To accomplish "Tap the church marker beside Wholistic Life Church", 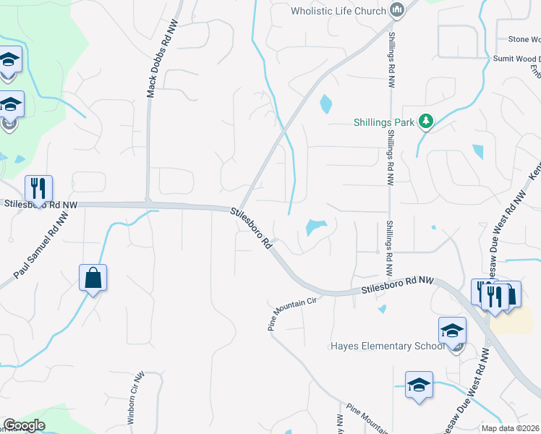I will [396, 10].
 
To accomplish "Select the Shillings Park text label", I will [385, 122].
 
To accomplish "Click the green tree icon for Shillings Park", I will [426, 122].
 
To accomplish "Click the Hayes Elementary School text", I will [388, 346].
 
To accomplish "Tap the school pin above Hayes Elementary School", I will [452, 331].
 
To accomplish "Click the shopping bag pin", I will [93, 278].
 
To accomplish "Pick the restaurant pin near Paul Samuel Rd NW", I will [38, 188].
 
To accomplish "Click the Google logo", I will [24, 425].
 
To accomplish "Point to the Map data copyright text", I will [511, 428].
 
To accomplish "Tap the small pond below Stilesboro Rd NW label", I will [382, 309].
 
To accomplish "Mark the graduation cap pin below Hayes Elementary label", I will [418, 384].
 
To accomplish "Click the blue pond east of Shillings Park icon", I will [478, 151].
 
